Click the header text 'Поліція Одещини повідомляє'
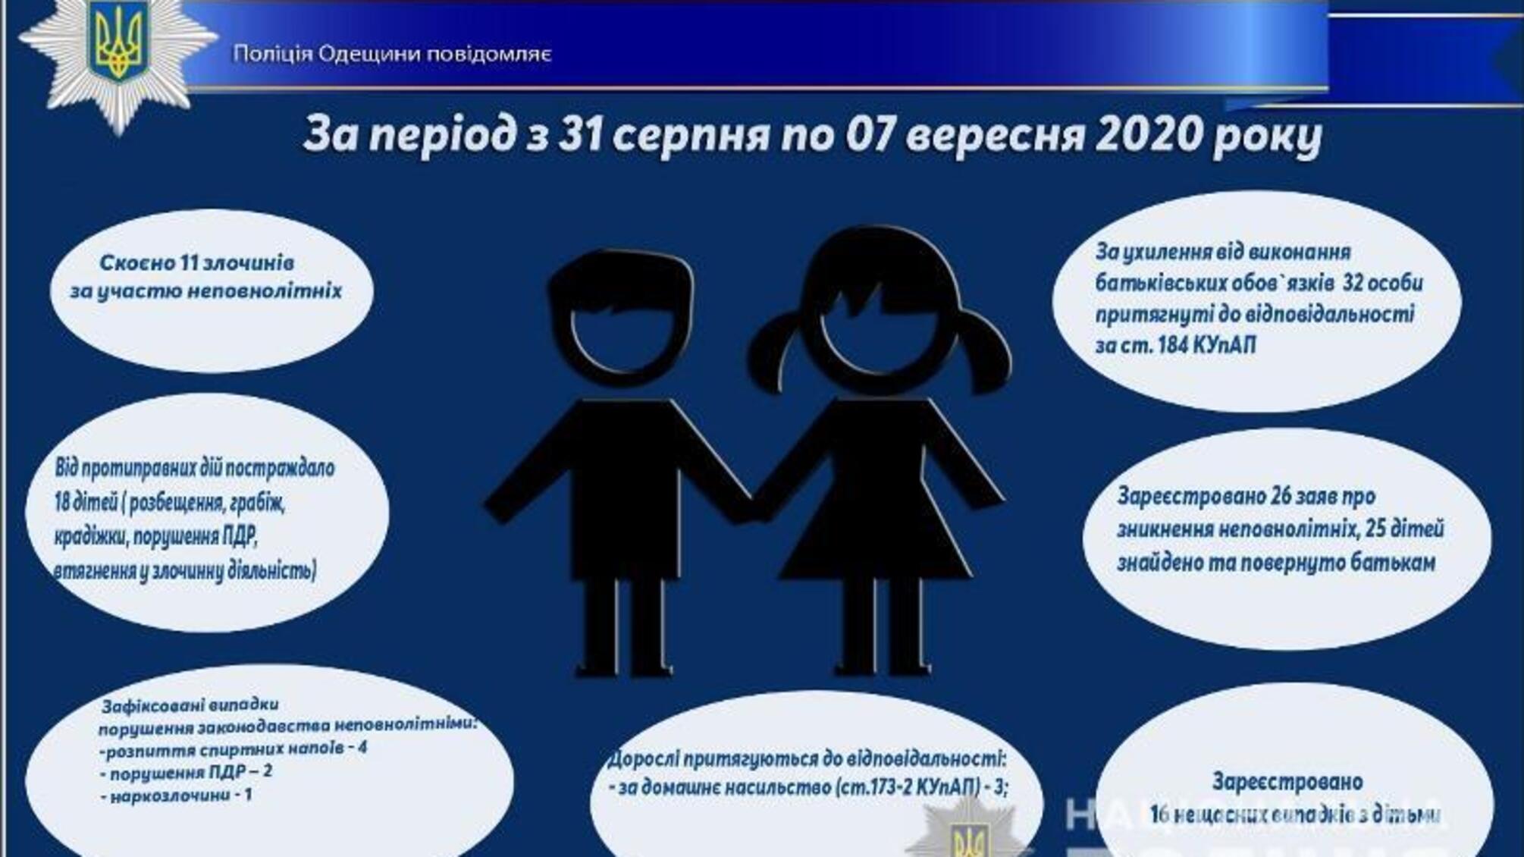pyautogui.click(x=392, y=55)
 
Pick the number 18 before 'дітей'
pyautogui.click(x=66, y=502)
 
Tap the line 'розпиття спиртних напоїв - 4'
pyautogui.click(x=235, y=749)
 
